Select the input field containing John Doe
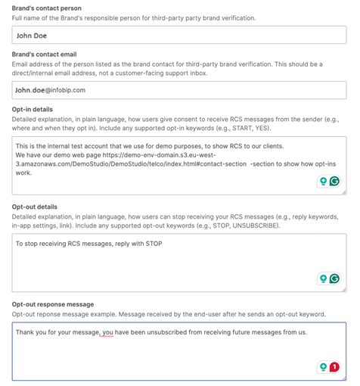pyautogui.click(x=179, y=34)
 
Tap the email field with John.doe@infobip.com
pyautogui.click(x=179, y=89)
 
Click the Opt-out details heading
pyautogui.click(x=36, y=207)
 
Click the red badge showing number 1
pyautogui.click(x=334, y=367)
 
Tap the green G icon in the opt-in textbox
pyautogui.click(x=334, y=182)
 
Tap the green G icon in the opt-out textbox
pyautogui.click(x=334, y=279)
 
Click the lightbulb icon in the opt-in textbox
pyautogui.click(x=323, y=182)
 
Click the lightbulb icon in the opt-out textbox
pyautogui.click(x=323, y=279)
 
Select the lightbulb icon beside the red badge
pyautogui.click(x=323, y=367)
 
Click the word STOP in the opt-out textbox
pyautogui.click(x=152, y=244)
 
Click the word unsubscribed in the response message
pyautogui.click(x=175, y=332)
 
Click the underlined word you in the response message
pyautogui.click(x=108, y=332)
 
